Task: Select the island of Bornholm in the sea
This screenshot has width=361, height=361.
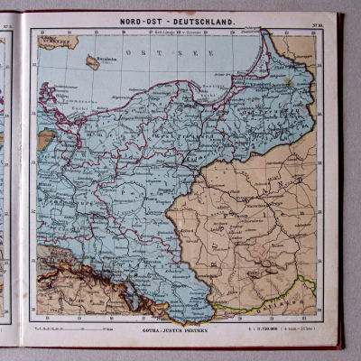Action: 92,62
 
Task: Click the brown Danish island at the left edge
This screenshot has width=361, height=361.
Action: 45,139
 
